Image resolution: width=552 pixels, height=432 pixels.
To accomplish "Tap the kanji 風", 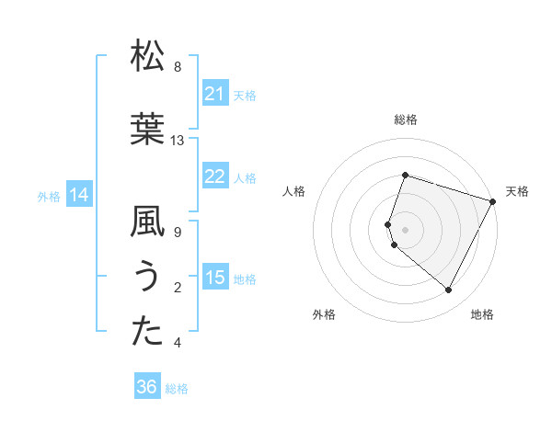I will (x=148, y=222).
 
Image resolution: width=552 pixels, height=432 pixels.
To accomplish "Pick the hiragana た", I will (x=148, y=333).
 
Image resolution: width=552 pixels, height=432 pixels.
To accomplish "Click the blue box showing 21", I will (x=215, y=93).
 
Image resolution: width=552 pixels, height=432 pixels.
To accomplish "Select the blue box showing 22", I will (x=215, y=176).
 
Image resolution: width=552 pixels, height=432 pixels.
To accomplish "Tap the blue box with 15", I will (x=215, y=278).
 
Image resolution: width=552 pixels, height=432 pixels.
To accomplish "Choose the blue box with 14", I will (x=79, y=195).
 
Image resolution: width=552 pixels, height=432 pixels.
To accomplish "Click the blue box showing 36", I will (x=147, y=387).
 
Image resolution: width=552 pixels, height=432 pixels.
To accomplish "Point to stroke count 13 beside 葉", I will (x=178, y=141).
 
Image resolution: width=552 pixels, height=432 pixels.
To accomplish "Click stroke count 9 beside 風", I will (x=178, y=233).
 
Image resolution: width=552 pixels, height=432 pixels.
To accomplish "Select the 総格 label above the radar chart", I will (x=406, y=119).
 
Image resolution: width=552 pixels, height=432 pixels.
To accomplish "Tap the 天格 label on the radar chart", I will (x=517, y=191).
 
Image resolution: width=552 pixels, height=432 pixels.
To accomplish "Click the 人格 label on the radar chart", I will (x=294, y=191).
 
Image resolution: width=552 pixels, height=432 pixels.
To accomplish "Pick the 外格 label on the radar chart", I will (x=324, y=314).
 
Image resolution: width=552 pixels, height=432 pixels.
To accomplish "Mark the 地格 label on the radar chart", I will (x=482, y=314).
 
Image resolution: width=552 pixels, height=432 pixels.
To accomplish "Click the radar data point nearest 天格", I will (x=493, y=201).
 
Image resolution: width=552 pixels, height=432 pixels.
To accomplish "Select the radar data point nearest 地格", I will (x=449, y=290).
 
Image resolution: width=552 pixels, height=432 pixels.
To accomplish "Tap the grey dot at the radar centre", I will (x=406, y=229).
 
